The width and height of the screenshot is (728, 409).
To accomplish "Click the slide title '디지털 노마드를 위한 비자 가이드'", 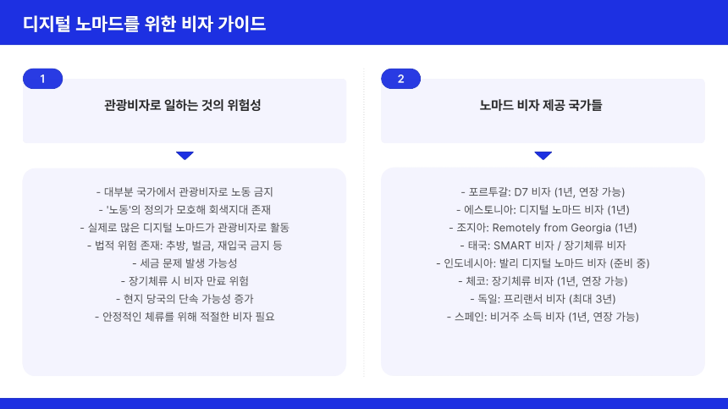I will (x=145, y=23).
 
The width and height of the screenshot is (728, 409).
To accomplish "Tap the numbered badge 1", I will (x=42, y=79).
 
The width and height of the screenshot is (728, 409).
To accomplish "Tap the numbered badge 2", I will (x=400, y=79).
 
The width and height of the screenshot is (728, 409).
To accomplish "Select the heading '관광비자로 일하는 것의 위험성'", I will (x=184, y=107).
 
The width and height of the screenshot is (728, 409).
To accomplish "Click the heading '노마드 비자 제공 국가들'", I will (x=543, y=107).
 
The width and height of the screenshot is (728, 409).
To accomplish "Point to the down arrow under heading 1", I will (x=185, y=156).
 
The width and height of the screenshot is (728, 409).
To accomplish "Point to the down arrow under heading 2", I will (x=543, y=156).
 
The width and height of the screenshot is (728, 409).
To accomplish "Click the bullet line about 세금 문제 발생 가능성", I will (x=184, y=263).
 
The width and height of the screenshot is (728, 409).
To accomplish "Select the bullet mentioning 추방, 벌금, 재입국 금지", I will (x=184, y=245).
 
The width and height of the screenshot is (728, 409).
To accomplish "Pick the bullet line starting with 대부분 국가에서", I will (x=184, y=191).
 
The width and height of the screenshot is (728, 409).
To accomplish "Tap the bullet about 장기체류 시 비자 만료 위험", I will (x=184, y=280).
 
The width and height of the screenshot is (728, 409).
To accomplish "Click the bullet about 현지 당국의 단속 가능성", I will (x=184, y=298).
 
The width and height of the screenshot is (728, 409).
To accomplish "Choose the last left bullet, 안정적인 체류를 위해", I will (x=184, y=316).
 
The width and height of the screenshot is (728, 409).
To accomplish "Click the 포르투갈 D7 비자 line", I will (x=543, y=191).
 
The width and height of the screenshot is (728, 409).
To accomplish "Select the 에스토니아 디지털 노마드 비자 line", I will (x=543, y=209).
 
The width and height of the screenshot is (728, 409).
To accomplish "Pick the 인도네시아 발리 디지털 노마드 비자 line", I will (x=543, y=263).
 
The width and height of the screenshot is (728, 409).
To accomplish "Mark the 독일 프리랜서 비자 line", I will (x=543, y=298).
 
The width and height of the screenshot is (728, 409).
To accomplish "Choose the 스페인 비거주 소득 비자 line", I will (x=543, y=316).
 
